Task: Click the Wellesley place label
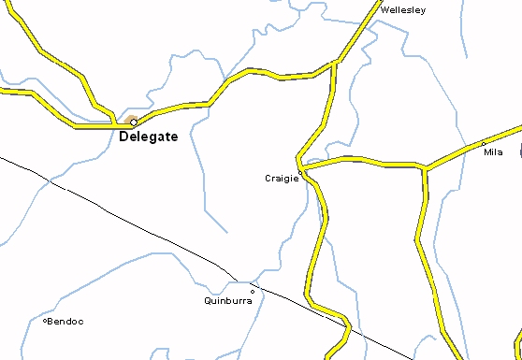(x=403, y=10)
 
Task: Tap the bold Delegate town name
(x=149, y=138)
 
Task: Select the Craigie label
(x=281, y=178)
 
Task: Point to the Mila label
(x=493, y=151)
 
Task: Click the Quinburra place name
(x=227, y=301)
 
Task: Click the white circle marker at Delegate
(x=134, y=122)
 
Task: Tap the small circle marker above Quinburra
(x=252, y=291)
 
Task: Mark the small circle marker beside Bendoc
(x=46, y=321)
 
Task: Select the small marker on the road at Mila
(x=483, y=144)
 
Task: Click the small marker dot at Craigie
(x=300, y=172)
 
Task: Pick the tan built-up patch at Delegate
(x=129, y=120)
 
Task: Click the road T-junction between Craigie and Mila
(x=425, y=168)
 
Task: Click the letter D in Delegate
(x=125, y=138)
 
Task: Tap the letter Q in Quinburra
(x=208, y=301)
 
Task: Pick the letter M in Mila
(x=486, y=151)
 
